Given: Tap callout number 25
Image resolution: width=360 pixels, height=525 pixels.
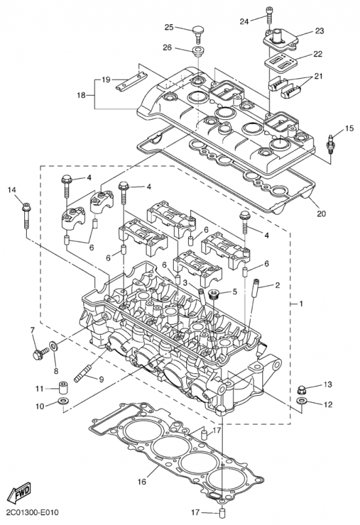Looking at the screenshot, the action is pos(169,27).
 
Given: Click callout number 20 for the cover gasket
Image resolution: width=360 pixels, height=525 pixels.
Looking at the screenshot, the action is pos(321,213).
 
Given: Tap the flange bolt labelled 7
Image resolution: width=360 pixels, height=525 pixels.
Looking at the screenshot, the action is pos(39,352).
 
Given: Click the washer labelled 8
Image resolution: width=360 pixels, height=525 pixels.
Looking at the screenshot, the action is pos(53,345).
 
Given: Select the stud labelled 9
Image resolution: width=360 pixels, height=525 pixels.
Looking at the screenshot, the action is pos(83,374).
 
